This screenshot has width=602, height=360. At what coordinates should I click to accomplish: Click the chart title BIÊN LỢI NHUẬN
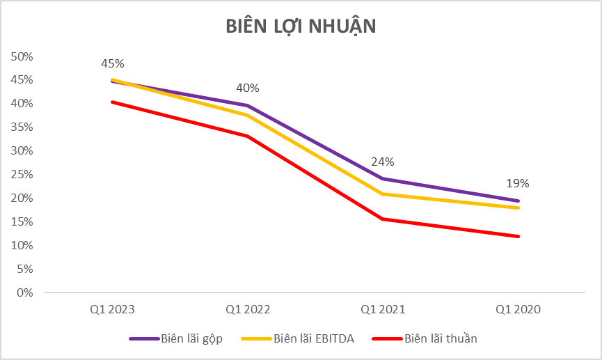(301, 26)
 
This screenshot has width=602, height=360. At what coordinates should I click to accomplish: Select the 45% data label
(113, 63)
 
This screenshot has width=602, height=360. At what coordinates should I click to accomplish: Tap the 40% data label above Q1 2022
(248, 88)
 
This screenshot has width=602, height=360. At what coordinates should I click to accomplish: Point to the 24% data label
(383, 162)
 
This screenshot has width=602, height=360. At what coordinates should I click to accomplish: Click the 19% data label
(518, 184)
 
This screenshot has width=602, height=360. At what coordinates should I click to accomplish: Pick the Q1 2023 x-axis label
(113, 308)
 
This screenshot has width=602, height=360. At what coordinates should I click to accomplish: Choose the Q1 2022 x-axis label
(248, 308)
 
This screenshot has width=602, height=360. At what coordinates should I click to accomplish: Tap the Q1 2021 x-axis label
(383, 308)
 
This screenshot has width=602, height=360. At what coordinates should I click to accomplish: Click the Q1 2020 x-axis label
(518, 308)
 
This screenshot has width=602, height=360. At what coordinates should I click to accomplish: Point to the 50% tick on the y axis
(23, 56)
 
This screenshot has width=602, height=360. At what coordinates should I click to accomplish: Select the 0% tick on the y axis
(26, 292)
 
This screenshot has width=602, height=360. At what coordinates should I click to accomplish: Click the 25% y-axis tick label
(23, 174)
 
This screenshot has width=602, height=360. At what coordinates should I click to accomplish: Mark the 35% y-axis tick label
(23, 127)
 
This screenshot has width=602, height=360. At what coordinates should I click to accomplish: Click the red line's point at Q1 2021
(383, 219)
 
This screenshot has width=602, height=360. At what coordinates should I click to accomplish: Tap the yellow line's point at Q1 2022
(248, 116)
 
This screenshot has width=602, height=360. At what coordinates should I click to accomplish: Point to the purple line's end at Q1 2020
(518, 201)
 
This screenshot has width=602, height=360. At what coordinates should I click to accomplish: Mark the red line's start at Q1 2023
(113, 102)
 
